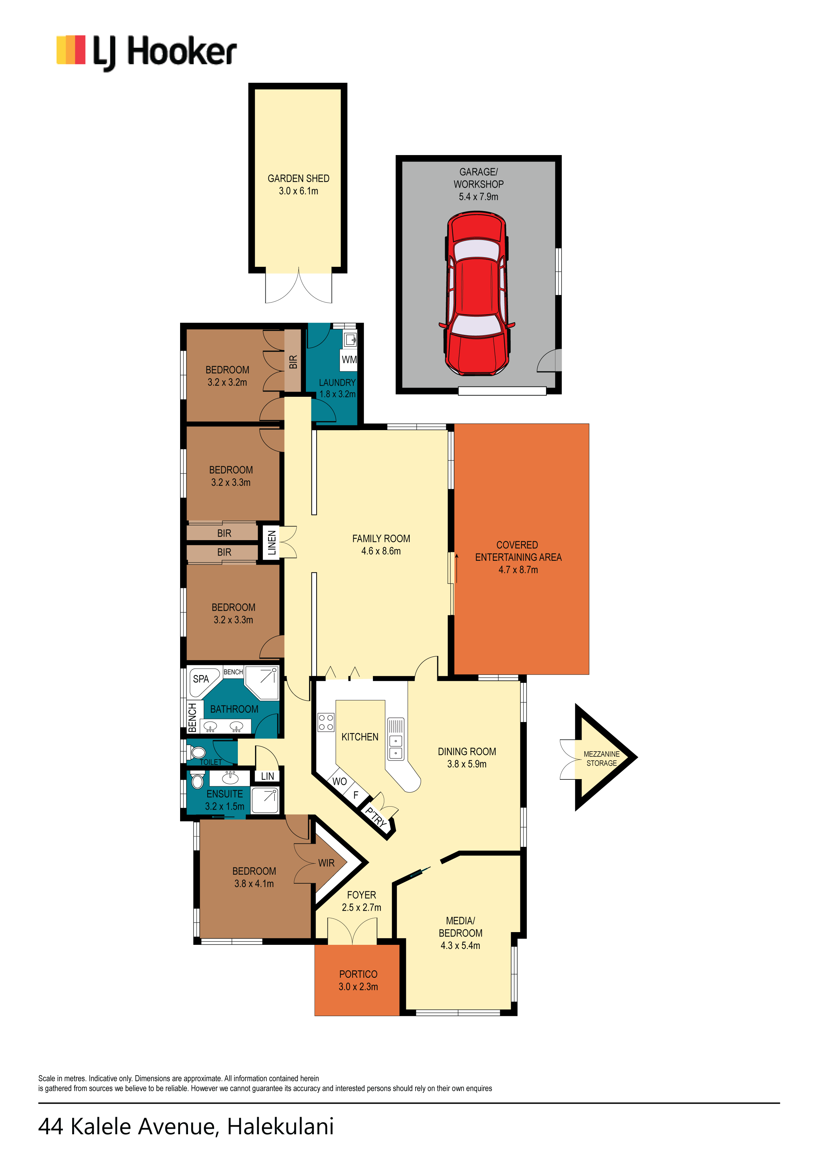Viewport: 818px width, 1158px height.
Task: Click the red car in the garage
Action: click(477, 294)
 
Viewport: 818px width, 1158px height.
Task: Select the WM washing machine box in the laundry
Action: click(349, 360)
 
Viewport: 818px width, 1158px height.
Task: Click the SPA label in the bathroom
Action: click(201, 679)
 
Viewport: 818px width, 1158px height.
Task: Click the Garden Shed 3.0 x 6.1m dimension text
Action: click(299, 191)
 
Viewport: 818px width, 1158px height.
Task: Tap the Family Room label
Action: click(381, 539)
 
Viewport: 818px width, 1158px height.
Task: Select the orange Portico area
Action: click(357, 980)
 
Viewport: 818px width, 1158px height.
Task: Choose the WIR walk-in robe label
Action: click(326, 863)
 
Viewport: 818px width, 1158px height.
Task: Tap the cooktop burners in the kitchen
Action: click(326, 722)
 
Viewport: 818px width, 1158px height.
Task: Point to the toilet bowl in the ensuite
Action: click(198, 781)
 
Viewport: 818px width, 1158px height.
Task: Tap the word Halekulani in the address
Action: click(280, 1126)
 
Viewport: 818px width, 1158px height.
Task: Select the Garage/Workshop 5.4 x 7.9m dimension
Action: click(478, 197)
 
